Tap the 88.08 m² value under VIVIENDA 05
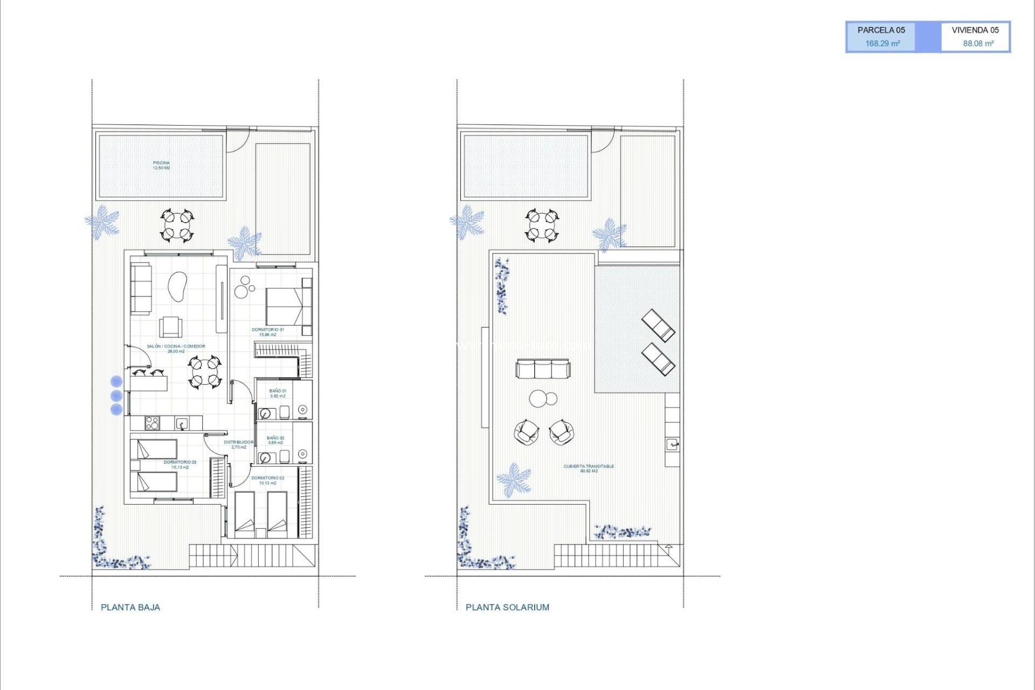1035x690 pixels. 978,44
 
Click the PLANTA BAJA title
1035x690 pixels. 130,607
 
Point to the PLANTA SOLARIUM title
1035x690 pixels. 507,607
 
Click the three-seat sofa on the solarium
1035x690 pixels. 542,369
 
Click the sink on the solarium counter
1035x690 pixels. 672,444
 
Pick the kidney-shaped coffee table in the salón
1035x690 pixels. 177,287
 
